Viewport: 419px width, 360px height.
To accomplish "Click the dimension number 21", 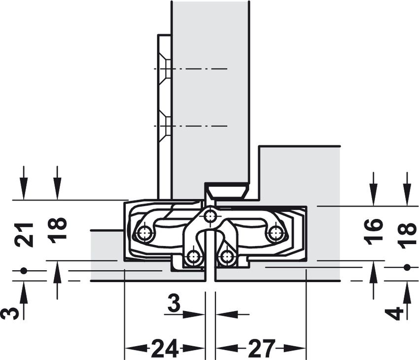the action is tap(25, 234).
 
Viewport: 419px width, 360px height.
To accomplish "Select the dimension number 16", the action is tap(374, 231).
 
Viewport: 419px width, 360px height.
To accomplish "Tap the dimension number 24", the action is tap(165, 348).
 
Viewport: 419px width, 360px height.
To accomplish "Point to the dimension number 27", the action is tap(262, 348).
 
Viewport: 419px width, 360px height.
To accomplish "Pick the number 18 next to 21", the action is tap(57, 230).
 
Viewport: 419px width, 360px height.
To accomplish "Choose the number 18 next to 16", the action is tap(407, 236).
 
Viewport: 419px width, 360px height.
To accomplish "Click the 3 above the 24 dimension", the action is tap(175, 302).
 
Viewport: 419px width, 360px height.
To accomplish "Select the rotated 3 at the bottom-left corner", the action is tap(10, 314).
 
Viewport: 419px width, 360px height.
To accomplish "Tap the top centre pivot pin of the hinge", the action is tap(210, 216).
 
